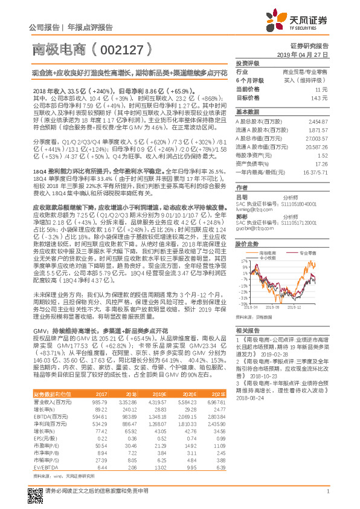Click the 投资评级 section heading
(x=247, y=63)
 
